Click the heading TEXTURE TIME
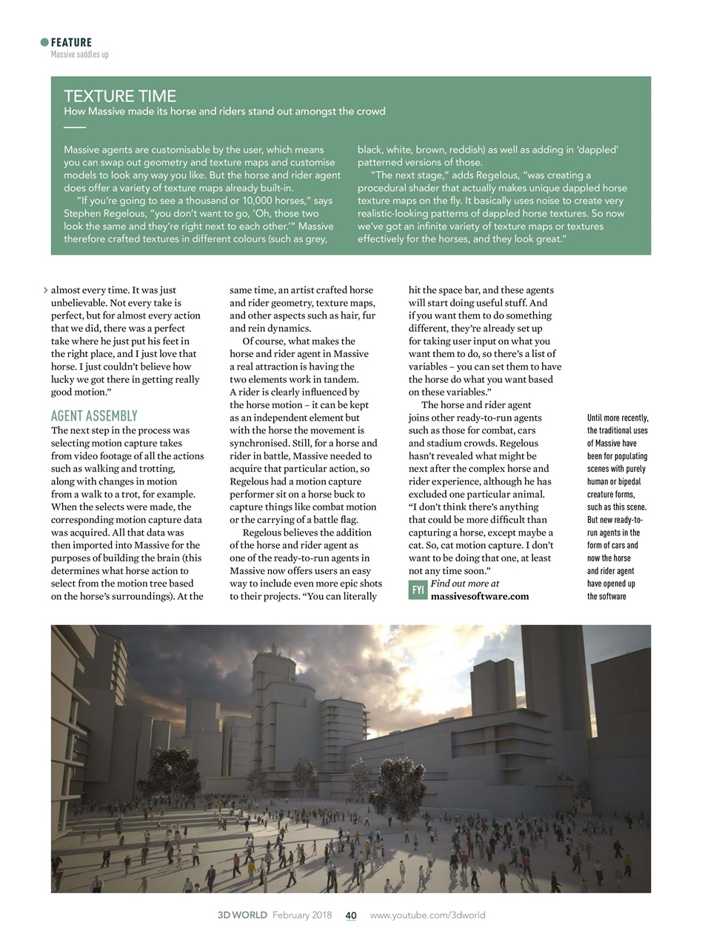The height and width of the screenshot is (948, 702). [x=120, y=96]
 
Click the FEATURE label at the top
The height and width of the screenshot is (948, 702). [x=71, y=42]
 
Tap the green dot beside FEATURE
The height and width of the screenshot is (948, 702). [x=44, y=42]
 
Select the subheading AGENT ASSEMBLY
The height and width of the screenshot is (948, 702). [x=94, y=415]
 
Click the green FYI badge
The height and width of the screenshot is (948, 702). [x=418, y=590]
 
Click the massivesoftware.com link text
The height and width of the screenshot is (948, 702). [x=480, y=596]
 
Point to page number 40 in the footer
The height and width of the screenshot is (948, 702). [x=351, y=915]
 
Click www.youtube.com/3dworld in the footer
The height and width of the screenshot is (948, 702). [x=427, y=915]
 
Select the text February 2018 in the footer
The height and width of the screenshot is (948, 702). [x=302, y=915]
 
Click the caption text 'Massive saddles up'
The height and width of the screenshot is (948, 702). [x=79, y=54]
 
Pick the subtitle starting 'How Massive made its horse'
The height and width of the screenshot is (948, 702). [x=224, y=112]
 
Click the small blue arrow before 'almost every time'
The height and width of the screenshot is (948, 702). [x=46, y=290]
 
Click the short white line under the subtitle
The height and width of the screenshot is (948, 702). [x=75, y=127]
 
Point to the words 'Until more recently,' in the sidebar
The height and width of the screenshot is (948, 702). [x=618, y=418]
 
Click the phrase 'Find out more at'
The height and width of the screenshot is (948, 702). [x=464, y=584]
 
